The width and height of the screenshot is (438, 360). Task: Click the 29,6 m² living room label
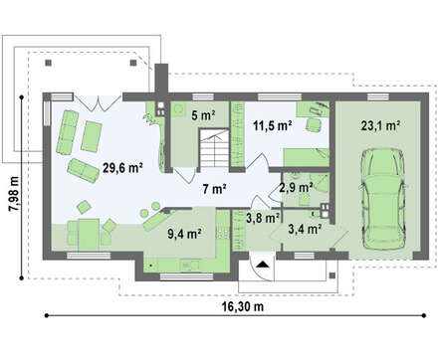pyautogui.click(x=122, y=168)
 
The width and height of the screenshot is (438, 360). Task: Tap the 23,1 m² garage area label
pyautogui.click(x=380, y=125)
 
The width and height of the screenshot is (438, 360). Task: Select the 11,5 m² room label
pyautogui.click(x=273, y=126)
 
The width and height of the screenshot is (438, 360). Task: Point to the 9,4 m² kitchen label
pyautogui.click(x=185, y=234)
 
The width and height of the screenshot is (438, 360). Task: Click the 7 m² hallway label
pyautogui.click(x=214, y=189)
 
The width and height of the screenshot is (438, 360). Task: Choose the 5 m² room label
pyautogui.click(x=204, y=115)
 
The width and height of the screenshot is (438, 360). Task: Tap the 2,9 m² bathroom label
pyautogui.click(x=296, y=188)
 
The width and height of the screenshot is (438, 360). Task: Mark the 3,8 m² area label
pyautogui.click(x=263, y=218)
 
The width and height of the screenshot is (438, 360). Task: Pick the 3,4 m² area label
pyautogui.click(x=305, y=229)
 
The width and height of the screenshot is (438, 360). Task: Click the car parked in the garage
pyautogui.click(x=383, y=199)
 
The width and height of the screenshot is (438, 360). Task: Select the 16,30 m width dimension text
pyautogui.click(x=243, y=306)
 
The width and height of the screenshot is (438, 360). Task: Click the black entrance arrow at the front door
pyautogui.click(x=263, y=265)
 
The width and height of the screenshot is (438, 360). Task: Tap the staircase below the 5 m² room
pyautogui.click(x=214, y=150)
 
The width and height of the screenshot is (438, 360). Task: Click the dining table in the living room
pyautogui.click(x=89, y=235)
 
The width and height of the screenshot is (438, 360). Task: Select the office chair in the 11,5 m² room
pyautogui.click(x=314, y=125)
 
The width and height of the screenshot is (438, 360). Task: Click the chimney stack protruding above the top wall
pyautogui.click(x=162, y=79)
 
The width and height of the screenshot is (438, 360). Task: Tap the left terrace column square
pyautogui.click(x=49, y=63)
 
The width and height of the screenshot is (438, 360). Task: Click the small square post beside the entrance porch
pyautogui.click(x=332, y=275)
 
